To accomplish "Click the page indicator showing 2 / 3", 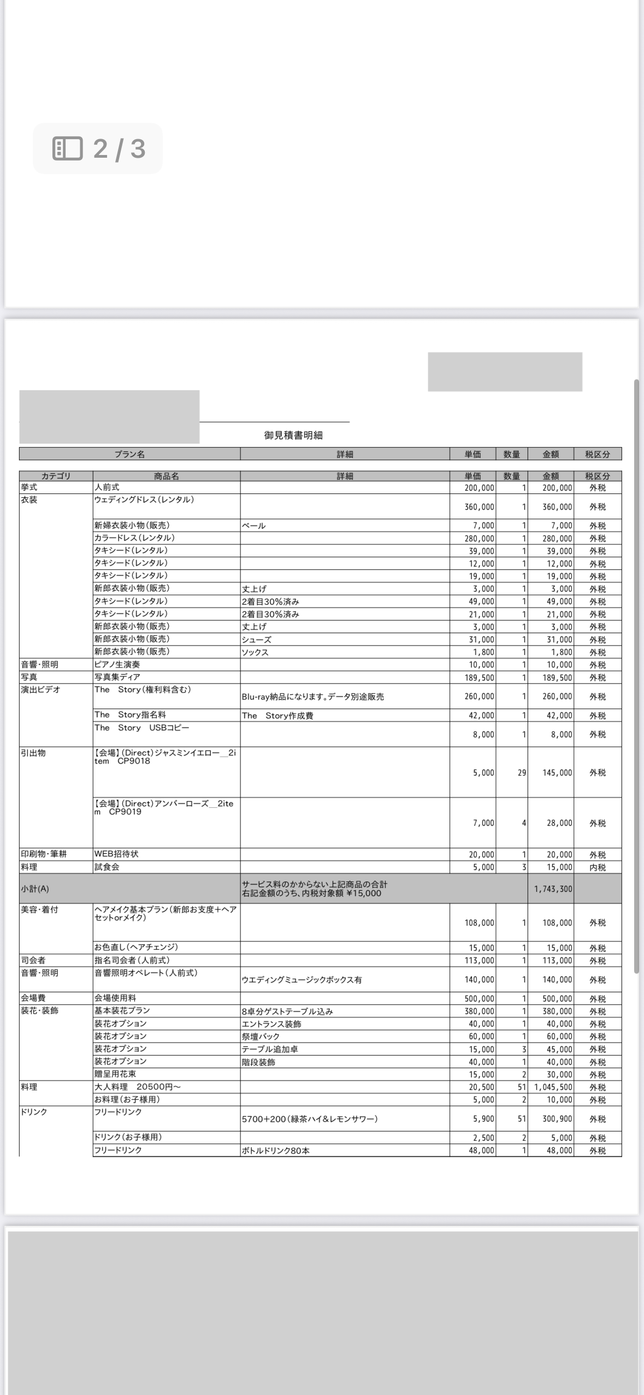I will click(98, 148).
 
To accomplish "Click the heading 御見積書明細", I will click(293, 435).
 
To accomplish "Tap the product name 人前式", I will click(107, 487).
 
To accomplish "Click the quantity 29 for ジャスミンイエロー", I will click(522, 773).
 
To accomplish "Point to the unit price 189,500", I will click(479, 677).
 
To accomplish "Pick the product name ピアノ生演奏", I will click(117, 665).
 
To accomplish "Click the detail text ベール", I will click(254, 526).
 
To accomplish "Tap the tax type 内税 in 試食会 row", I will click(597, 867).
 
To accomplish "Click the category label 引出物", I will click(33, 753).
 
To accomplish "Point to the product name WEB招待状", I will click(116, 854).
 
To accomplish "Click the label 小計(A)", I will click(35, 889).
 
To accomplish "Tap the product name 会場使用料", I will click(115, 998).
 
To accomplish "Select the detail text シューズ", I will click(257, 640).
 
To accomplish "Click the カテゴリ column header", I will click(56, 476).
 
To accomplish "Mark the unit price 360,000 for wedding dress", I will click(479, 507).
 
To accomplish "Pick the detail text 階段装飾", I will click(258, 1062).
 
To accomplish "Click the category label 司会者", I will click(33, 960).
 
